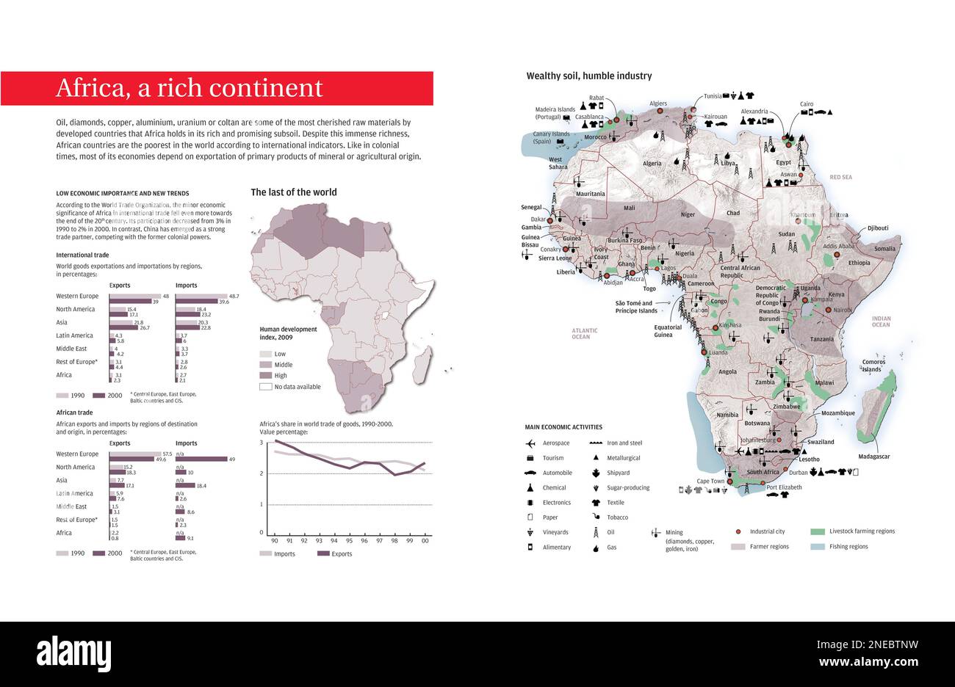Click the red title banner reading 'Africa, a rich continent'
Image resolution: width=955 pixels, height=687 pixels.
coord(217,88)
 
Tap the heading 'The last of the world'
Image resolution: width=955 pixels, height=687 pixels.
coord(294,192)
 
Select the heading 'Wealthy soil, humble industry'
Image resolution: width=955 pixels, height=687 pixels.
coord(588,76)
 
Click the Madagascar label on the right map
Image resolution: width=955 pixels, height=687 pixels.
coord(873,457)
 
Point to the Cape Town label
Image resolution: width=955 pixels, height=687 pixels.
coord(710,481)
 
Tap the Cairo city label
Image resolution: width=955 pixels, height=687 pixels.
coord(807,104)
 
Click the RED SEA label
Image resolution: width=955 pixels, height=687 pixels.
coord(840,178)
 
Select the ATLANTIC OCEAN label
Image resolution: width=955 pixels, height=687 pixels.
coord(585,333)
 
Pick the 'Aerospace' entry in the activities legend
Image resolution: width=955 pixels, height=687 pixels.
coord(556,443)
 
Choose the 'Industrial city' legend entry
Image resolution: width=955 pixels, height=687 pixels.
coord(767,531)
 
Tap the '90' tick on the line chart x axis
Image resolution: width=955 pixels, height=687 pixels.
coord(275,541)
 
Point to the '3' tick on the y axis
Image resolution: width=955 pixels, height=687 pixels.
coord(261,443)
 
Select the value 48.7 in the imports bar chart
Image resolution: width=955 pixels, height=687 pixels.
coord(234,295)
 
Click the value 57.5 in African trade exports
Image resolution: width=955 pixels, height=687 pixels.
coord(167,453)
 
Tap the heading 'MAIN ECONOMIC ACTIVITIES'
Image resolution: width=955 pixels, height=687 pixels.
coord(563,427)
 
